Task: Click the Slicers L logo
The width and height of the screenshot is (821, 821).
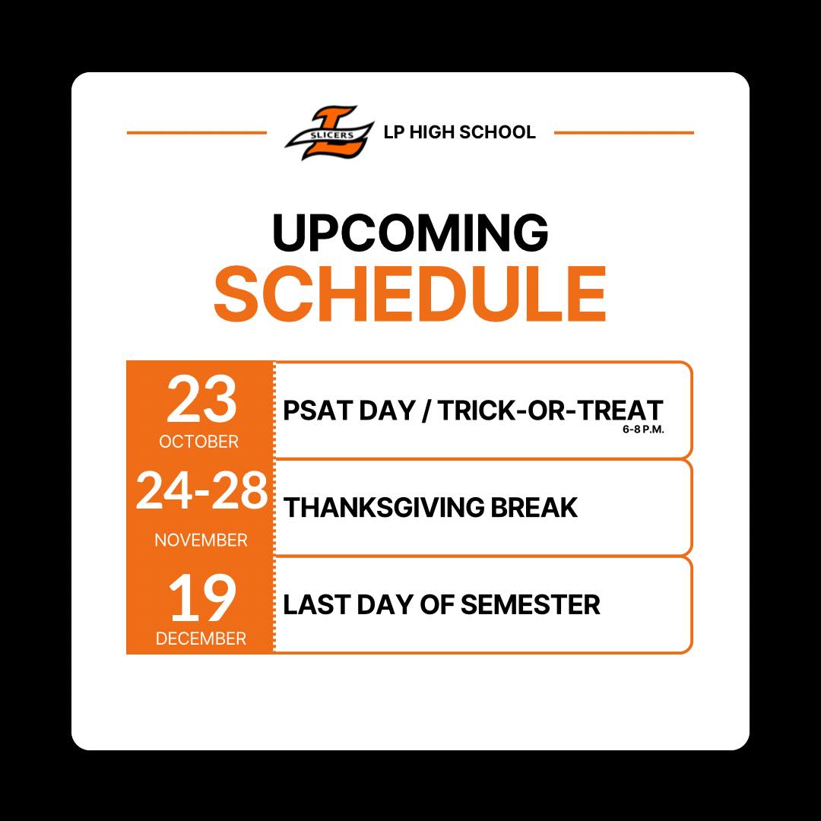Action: [329, 132]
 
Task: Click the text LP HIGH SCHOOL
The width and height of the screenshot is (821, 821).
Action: [459, 132]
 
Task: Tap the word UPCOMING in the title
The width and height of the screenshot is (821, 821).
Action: [410, 233]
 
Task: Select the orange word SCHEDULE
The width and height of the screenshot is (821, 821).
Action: [410, 293]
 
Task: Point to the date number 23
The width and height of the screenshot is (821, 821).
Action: [201, 400]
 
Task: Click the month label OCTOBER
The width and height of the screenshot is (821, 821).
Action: [199, 442]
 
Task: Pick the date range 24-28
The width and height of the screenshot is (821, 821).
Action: [201, 490]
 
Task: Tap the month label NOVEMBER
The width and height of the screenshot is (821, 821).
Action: [201, 540]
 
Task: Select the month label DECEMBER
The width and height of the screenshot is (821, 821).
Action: [201, 639]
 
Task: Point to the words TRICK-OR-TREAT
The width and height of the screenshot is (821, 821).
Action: [550, 410]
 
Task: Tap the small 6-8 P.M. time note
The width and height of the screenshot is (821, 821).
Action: [643, 430]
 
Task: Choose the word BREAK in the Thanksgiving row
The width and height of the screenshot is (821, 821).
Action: [534, 507]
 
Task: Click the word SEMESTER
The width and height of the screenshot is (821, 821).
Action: [530, 605]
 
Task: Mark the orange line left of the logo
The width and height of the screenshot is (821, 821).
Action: [197, 133]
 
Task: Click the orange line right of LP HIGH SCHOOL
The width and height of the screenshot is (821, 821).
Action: [624, 133]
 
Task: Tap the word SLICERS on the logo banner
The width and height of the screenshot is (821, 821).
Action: [331, 135]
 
